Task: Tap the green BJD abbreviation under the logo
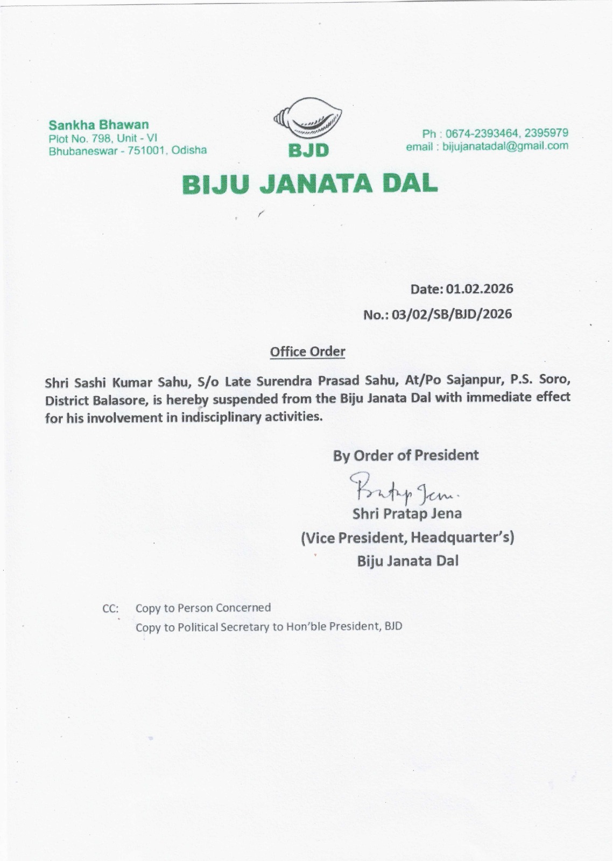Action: pyautogui.click(x=308, y=150)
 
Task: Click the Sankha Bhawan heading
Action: pyautogui.click(x=98, y=125)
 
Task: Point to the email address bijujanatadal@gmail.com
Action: pyautogui.click(x=505, y=146)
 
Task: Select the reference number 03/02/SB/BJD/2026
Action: pyautogui.click(x=452, y=314)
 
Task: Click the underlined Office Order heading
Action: pyautogui.click(x=307, y=352)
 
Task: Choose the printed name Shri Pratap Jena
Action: pyautogui.click(x=407, y=514)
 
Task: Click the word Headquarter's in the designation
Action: pyautogui.click(x=459, y=538)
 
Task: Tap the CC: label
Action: pyautogui.click(x=110, y=609)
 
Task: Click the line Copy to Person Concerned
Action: pyautogui.click(x=203, y=608)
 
